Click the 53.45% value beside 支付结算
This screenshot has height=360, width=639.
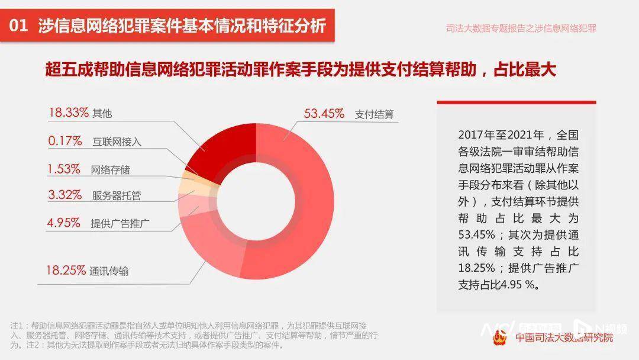click(x=324, y=114)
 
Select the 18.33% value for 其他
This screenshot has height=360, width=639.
click(x=68, y=113)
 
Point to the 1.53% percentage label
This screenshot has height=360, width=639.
click(x=64, y=169)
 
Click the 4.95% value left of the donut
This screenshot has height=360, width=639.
click(x=64, y=223)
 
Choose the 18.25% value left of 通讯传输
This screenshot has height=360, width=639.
click(x=66, y=271)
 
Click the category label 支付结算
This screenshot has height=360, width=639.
click(x=375, y=114)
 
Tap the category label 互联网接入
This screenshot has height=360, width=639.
click(x=117, y=142)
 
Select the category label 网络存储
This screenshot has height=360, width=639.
click(x=111, y=170)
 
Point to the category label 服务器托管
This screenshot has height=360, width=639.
click(x=117, y=195)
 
